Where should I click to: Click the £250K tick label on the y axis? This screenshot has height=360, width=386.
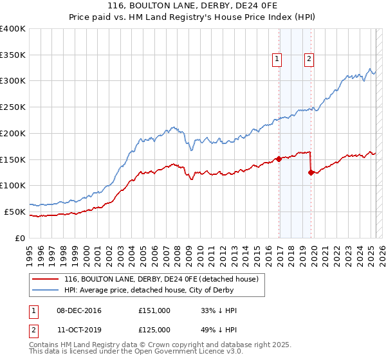[x=13, y=107]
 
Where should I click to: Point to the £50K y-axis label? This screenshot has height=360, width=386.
[x=15, y=212]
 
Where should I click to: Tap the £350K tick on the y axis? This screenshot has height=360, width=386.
[x=13, y=55]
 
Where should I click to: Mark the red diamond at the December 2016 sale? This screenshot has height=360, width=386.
[x=279, y=159]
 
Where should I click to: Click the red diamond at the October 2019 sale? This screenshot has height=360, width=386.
[x=311, y=172]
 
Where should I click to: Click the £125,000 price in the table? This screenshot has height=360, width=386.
[x=154, y=330]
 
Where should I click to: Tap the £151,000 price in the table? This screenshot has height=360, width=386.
[x=154, y=310]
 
